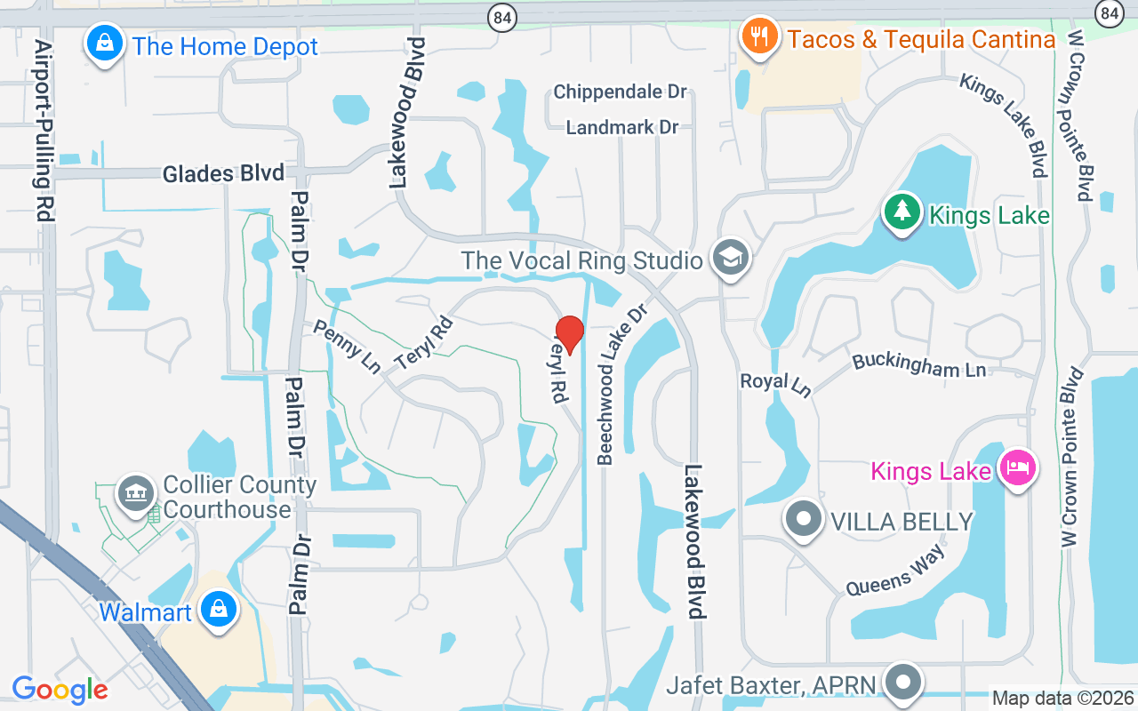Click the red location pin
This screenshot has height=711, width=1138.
[x=569, y=334]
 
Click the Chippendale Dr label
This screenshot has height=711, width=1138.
[x=621, y=92]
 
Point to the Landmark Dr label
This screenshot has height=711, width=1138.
[x=622, y=127]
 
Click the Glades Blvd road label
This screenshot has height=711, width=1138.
[x=223, y=173]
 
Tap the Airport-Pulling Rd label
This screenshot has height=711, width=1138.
[x=42, y=130]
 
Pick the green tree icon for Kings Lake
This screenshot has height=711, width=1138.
[x=902, y=212]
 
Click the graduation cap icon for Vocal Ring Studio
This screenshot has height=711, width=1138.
[x=732, y=258]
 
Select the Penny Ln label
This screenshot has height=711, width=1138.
[x=346, y=346]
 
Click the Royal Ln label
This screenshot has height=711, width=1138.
[x=776, y=383]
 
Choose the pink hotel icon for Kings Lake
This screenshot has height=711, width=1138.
[x=1017, y=467]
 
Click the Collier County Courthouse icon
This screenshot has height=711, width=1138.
[x=136, y=493]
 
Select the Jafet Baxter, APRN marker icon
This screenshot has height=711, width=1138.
[x=904, y=683]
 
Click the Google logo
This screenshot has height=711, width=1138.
[x=60, y=689]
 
